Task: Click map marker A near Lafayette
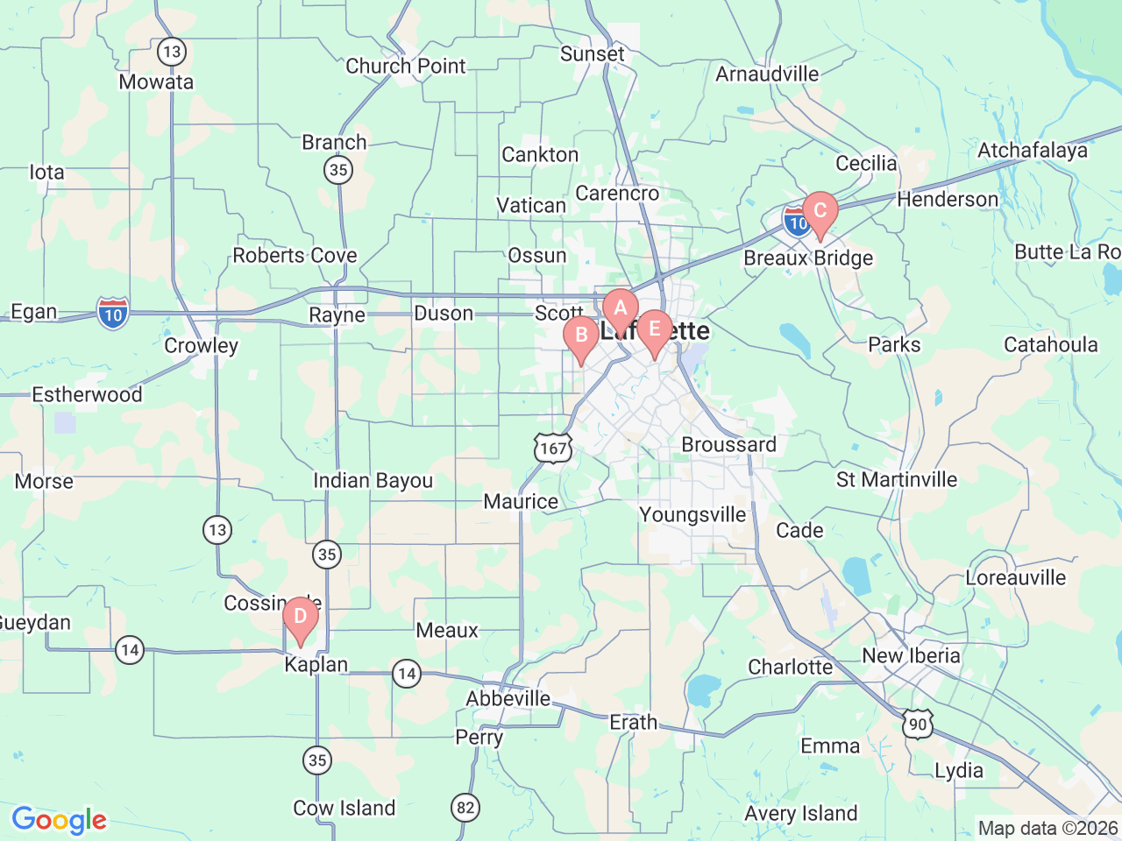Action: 620,308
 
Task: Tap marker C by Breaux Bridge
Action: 820,211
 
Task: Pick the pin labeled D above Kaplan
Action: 300,617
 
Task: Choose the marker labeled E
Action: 654,330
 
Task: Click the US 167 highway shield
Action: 553,449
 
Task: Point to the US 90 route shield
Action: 917,724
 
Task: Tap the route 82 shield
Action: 465,807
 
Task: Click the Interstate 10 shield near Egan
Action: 113,314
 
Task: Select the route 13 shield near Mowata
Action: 171,52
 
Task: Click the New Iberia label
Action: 911,655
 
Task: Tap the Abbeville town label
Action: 508,698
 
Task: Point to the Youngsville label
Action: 692,514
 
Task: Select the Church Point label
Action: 405,66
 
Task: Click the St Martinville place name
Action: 897,479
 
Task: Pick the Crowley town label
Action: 201,345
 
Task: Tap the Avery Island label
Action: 800,813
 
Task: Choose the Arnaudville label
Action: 767,74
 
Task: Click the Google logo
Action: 59,821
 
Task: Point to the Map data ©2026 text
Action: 1047,828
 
